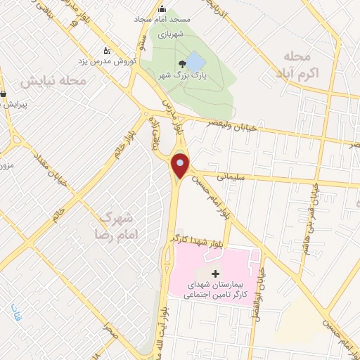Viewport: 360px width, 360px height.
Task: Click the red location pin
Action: coord(181,166)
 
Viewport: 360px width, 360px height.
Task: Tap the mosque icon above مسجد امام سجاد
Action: coord(163,9)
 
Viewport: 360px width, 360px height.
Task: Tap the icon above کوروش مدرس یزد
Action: coord(107,51)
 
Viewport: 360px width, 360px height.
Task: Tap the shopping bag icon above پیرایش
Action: coord(4,93)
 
